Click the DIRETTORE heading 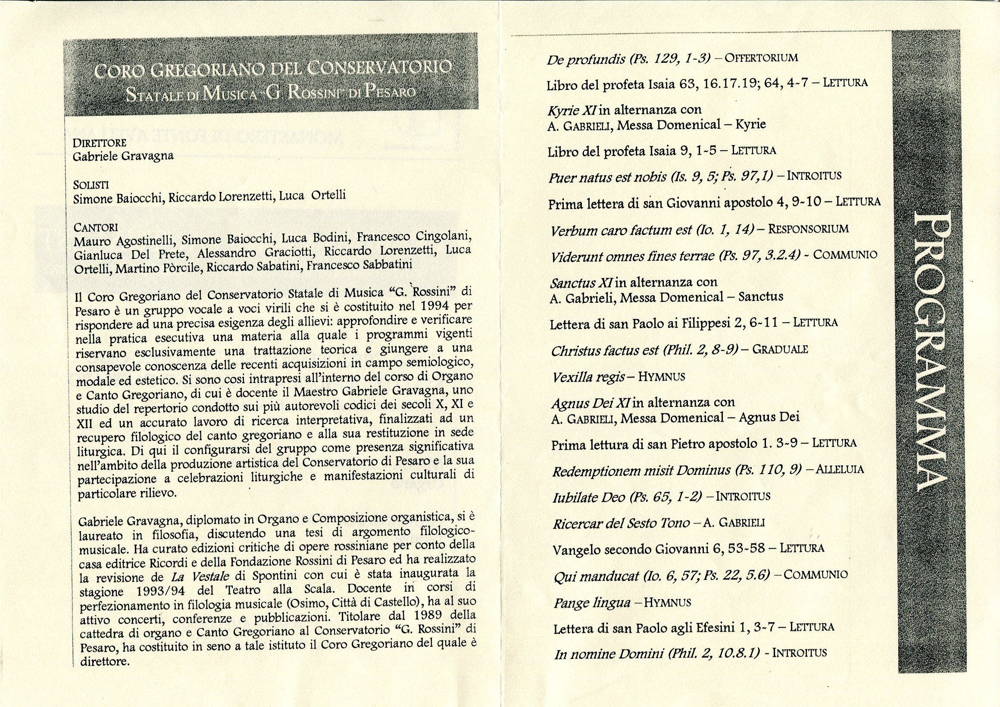tap(99, 143)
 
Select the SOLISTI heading tap(91, 185)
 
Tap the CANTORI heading tap(96, 227)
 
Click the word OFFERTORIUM tap(762, 58)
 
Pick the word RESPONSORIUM tap(808, 229)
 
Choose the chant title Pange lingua tap(592, 603)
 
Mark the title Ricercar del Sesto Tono tap(621, 523)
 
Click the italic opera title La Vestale tap(200, 577)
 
